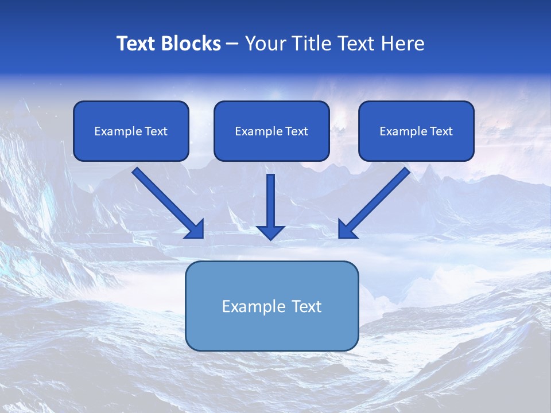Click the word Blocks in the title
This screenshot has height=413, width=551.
[191, 44]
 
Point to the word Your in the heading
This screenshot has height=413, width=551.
[266, 44]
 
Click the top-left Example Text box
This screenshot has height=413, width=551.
[131, 131]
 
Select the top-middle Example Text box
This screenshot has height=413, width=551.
[271, 131]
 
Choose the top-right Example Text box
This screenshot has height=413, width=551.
[417, 131]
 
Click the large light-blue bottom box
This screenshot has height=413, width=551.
[272, 306]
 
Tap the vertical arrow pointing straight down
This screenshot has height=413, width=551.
[270, 207]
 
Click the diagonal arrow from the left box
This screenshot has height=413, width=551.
[168, 203]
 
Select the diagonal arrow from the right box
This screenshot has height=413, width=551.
[374, 203]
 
